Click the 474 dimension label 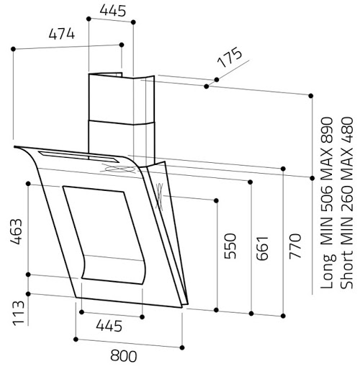click(62, 34)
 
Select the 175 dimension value click(230, 58)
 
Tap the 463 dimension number click(17, 231)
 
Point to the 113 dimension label click(19, 313)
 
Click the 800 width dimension click(124, 356)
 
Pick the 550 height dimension click(230, 246)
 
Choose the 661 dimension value click(262, 249)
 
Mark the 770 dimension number click(294, 246)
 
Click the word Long click(328, 271)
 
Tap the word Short click(347, 270)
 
